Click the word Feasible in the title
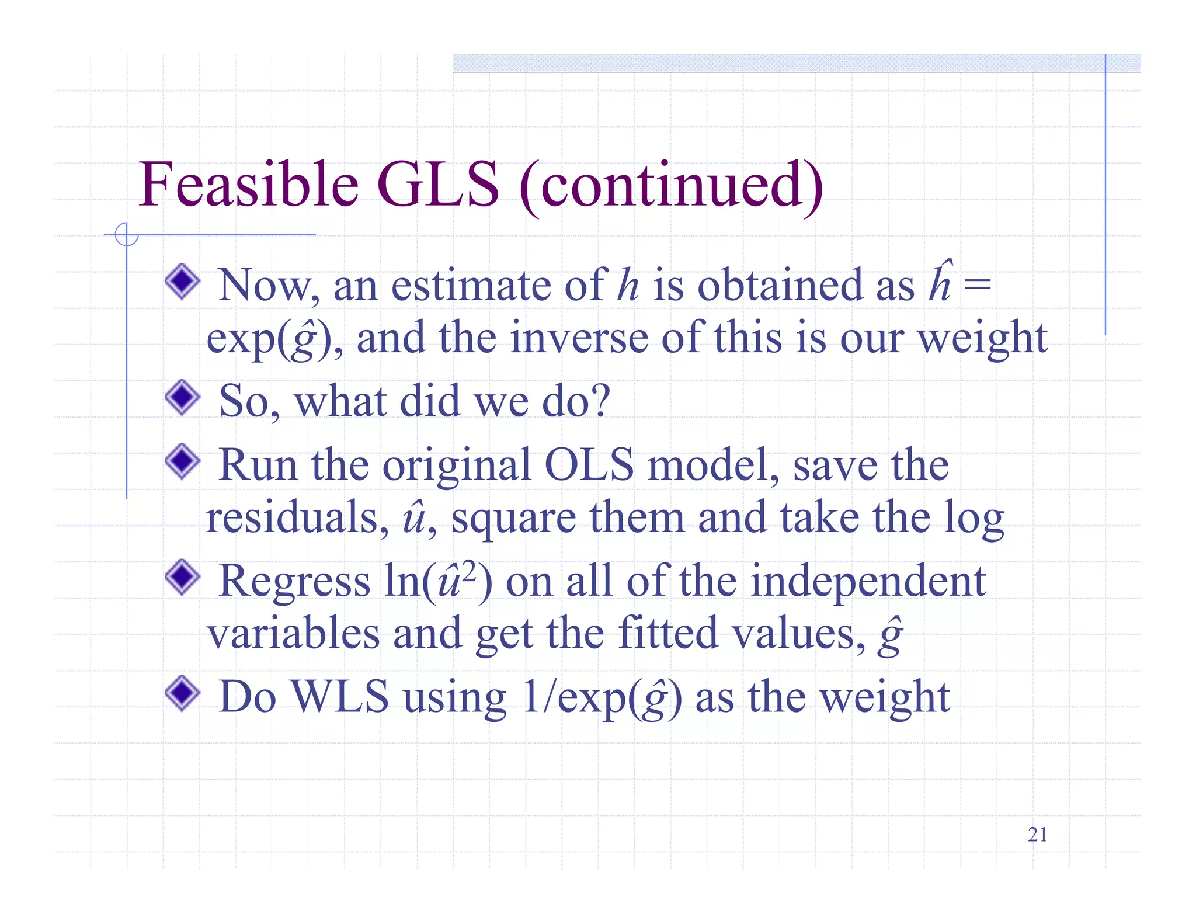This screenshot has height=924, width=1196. click(248, 185)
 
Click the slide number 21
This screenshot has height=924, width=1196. click(1037, 835)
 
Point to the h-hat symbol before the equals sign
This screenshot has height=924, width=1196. click(941, 283)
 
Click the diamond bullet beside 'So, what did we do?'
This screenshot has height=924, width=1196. click(183, 398)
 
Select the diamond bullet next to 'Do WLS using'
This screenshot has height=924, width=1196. click(183, 693)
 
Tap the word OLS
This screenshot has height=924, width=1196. click(589, 465)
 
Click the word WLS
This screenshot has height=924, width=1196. click(340, 696)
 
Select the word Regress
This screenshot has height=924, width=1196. click(294, 582)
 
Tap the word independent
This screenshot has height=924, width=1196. click(868, 582)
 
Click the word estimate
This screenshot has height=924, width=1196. click(470, 286)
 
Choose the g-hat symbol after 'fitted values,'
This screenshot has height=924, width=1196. click(890, 635)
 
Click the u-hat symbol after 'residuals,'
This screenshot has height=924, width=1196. click(414, 517)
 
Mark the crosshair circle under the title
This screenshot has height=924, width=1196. click(126, 235)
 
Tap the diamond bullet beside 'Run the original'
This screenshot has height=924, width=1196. click(183, 461)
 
